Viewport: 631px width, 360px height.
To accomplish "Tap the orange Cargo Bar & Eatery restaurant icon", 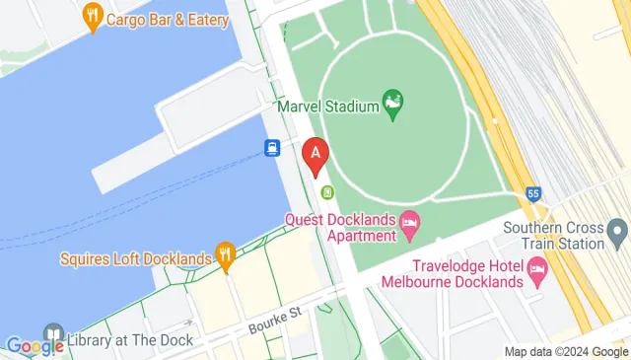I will coord(94,16).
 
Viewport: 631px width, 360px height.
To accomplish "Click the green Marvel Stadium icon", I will coord(393,103).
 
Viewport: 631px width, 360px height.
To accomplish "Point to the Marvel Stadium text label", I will coord(328,106).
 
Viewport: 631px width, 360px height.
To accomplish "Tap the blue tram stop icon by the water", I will coord(271,148).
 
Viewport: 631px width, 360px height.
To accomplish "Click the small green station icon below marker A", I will coord(327,192).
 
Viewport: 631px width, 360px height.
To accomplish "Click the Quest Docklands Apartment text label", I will coord(340,226).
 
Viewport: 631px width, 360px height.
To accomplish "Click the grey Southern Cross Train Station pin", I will coord(619,232).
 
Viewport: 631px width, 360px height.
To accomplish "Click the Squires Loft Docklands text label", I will coord(135,259).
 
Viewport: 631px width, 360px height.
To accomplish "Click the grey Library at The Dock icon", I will coord(53,334).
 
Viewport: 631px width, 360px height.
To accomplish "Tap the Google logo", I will coord(35,346).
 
